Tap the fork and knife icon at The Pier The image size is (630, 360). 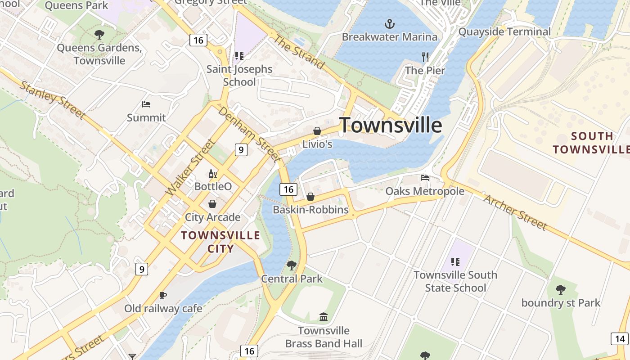[x=425, y=57]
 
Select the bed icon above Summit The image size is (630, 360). [x=146, y=104]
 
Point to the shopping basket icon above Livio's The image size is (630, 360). [x=317, y=131]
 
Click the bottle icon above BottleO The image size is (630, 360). [x=212, y=174]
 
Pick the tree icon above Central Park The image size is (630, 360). [x=292, y=265]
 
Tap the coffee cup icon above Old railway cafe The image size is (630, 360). [x=163, y=295]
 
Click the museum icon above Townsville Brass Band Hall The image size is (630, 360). [x=324, y=317]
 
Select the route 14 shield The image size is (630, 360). [x=620, y=339]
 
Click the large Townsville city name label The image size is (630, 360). [x=391, y=125]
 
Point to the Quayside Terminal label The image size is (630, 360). [x=504, y=31]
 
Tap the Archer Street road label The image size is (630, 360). [x=515, y=212]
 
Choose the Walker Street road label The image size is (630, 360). [x=191, y=167]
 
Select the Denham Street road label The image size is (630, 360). [x=249, y=134]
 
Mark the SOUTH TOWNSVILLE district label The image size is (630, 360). [x=591, y=143]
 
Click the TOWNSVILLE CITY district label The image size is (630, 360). [x=220, y=242]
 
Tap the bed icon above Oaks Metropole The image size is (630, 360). [x=425, y=178]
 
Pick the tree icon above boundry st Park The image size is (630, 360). [x=560, y=289]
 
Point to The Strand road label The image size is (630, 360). [x=299, y=52]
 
